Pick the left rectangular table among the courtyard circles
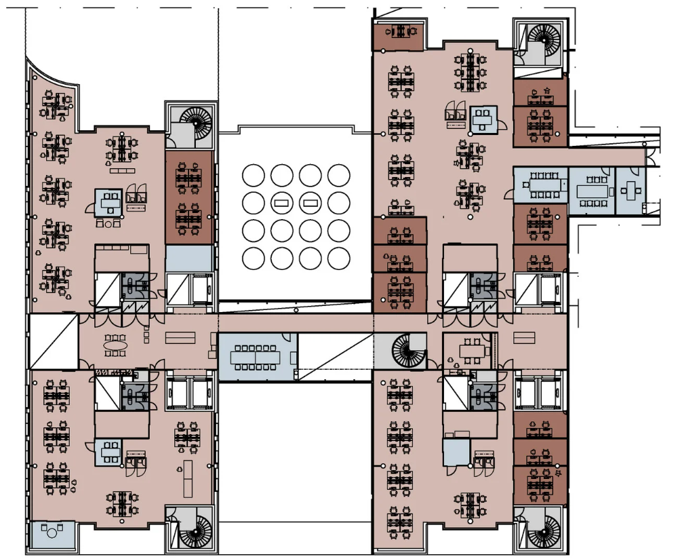(281, 202)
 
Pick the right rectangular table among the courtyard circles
(311, 202)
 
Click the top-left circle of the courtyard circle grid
(253, 175)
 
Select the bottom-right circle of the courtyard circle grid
(338, 258)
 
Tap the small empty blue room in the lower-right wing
(456, 451)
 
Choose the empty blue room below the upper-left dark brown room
(189, 258)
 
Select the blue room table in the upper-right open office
(483, 119)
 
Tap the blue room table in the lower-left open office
(109, 450)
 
